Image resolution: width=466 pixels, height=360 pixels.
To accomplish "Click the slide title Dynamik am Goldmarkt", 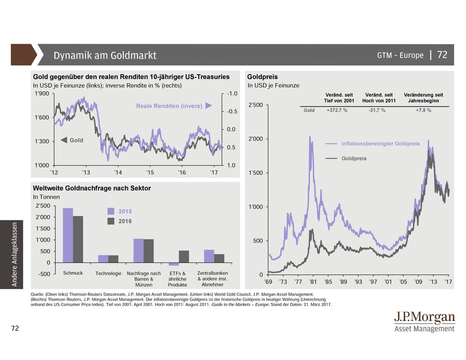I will pyautogui.click(x=105, y=56).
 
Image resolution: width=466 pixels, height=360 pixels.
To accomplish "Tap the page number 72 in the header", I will pyautogui.click(x=442, y=55).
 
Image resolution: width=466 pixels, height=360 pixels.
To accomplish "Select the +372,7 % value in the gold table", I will pyautogui.click(x=337, y=110).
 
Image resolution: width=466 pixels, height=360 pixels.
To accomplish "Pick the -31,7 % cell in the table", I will pyautogui.click(x=377, y=110).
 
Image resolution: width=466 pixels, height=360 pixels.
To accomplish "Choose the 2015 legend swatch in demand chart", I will pyautogui.click(x=111, y=211).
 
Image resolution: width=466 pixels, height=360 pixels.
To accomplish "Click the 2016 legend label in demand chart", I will pyautogui.click(x=125, y=221).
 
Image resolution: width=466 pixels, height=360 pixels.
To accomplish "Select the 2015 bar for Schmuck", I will pyautogui.click(x=68, y=235).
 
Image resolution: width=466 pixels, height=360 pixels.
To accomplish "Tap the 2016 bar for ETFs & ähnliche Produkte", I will pyautogui.click(x=184, y=257).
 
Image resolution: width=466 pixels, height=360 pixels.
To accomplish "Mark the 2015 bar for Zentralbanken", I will pyautogui.click(x=209, y=256).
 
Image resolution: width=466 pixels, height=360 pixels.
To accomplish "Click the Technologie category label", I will pyautogui.click(x=109, y=274).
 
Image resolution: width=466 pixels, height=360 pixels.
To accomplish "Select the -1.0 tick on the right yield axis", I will pyautogui.click(x=232, y=94).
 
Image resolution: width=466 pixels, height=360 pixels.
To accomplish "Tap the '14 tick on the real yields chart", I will pyautogui.click(x=118, y=173).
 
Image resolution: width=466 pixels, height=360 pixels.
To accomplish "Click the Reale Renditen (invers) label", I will pyautogui.click(x=169, y=106).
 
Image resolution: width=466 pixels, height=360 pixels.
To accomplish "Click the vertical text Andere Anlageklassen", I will pyautogui.click(x=15, y=254).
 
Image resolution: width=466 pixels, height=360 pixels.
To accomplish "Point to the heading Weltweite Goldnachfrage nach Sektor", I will pyautogui.click(x=92, y=188).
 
